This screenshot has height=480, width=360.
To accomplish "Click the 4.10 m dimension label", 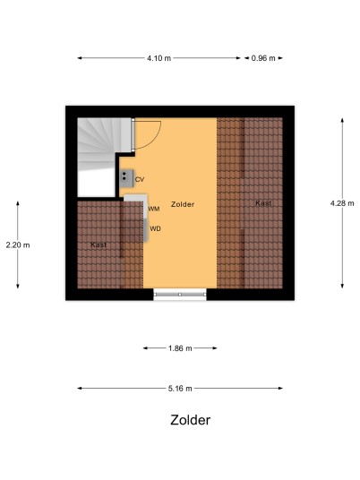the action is (159, 58).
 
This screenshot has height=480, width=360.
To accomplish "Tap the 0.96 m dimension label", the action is (263, 58).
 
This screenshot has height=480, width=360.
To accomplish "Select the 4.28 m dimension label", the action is (342, 203).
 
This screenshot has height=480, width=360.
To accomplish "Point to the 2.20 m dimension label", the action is (18, 244).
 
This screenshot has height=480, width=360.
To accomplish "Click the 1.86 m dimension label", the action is (180, 348).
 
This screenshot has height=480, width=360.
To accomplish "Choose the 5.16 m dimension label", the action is (180, 388).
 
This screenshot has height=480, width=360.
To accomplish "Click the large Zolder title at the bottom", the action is (191, 420).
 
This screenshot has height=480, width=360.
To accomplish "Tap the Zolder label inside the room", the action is (183, 204).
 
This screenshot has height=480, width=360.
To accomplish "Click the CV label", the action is (140, 180).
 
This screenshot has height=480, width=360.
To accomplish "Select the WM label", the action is (154, 209).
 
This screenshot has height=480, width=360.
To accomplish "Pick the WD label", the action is (155, 228).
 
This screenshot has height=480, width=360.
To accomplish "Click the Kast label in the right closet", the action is (263, 203).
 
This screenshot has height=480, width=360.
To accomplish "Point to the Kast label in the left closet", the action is (99, 244).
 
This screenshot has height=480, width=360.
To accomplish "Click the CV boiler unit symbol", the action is (126, 178).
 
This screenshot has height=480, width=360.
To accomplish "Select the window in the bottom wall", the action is (180, 295).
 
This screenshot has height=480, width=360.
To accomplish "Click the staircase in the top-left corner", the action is (103, 144).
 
